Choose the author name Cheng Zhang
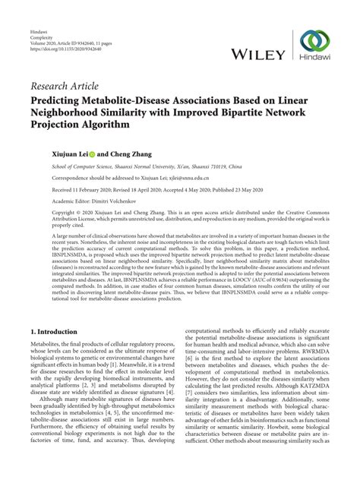tap(117, 152)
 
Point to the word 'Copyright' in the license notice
tap(46, 215)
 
